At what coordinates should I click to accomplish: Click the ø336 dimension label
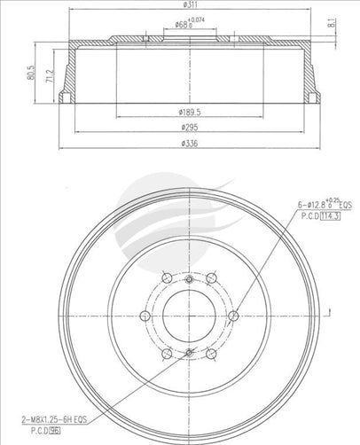click(189, 144)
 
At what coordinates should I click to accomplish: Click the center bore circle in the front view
click(189, 316)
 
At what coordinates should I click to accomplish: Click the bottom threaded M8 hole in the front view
click(189, 353)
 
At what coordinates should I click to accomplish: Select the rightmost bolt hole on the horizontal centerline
click(233, 316)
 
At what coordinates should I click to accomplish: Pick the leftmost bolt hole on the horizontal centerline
click(145, 316)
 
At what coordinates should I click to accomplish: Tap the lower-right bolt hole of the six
click(211, 354)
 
